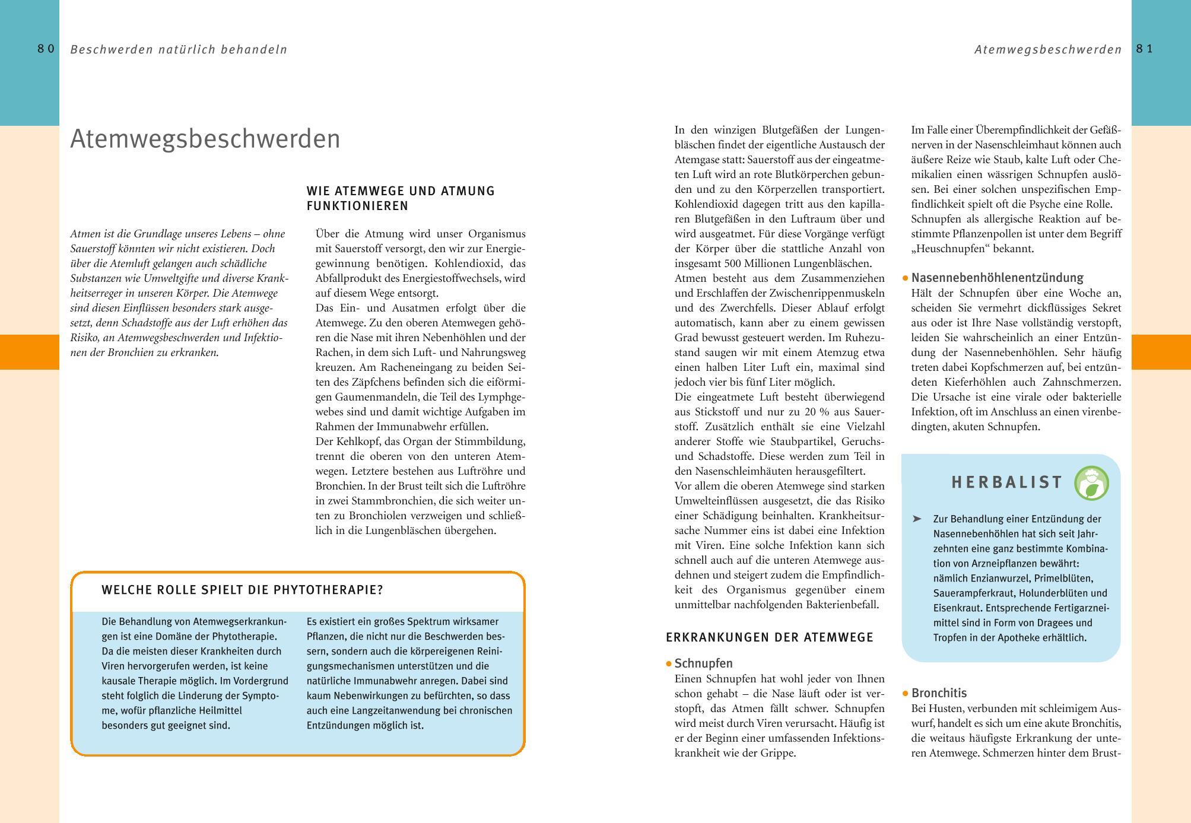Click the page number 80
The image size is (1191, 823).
point(46,49)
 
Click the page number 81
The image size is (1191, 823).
point(1145,49)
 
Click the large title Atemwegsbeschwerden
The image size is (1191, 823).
point(205,139)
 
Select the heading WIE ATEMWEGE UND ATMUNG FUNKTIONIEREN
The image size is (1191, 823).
point(401,199)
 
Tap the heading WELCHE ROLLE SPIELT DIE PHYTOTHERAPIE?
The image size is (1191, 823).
point(242,590)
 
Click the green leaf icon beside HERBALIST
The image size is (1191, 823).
point(1091,484)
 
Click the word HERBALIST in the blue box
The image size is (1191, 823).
point(1007,482)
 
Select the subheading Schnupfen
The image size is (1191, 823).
point(704,663)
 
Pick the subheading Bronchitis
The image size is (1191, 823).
point(939,693)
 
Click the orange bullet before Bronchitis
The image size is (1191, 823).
point(906,694)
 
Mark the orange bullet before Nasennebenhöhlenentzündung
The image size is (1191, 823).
point(906,278)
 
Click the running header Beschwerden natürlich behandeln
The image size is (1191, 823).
point(179,50)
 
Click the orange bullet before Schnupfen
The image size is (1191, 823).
point(669,664)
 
